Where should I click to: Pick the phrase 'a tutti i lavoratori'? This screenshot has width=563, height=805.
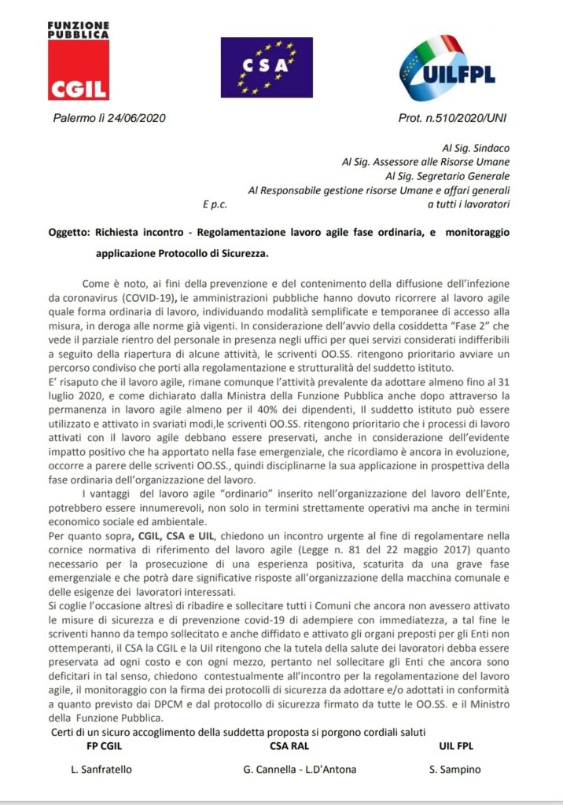pos(468,204)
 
